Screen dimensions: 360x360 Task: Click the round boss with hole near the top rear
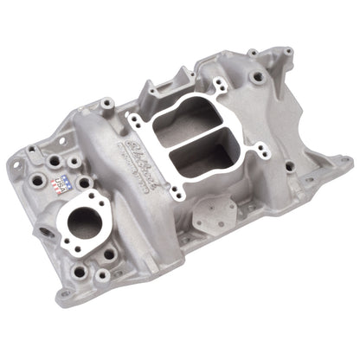tap(259, 78)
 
